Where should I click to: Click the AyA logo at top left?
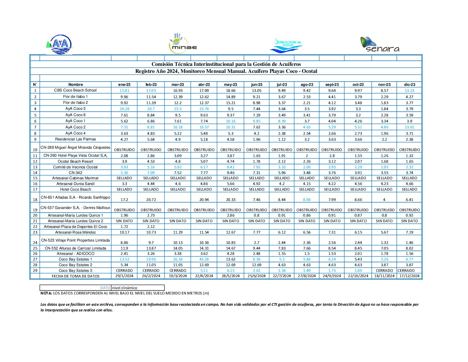click(x=59, y=45)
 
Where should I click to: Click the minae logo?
click(x=183, y=44)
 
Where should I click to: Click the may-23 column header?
click(x=230, y=85)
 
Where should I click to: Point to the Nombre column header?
click(x=75, y=85)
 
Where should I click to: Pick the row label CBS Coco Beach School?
click(x=75, y=90)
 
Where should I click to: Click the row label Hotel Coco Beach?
click(x=75, y=189)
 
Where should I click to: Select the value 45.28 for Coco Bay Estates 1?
click(x=204, y=259)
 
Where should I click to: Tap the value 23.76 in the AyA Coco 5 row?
click(x=204, y=109)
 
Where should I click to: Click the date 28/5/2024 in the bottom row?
click(x=230, y=276)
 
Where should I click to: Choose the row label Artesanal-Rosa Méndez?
click(x=75, y=232)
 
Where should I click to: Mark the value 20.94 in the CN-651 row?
click(x=204, y=200)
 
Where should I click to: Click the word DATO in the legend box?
click(x=105, y=288)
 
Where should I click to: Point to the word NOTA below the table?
click(x=46, y=293)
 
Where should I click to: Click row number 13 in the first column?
click(x=35, y=167)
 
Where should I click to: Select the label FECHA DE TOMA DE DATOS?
click(x=75, y=276)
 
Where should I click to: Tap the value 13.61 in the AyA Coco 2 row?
click(x=409, y=127)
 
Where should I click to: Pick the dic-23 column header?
click(x=409, y=85)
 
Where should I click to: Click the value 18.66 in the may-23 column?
click(x=230, y=90)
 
